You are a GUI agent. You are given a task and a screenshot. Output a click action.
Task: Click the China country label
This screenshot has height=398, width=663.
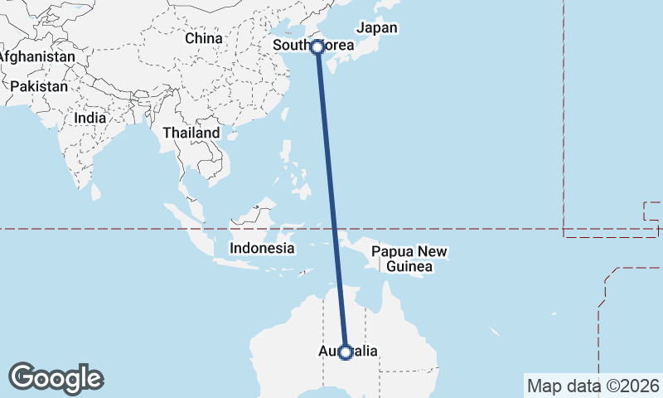click(204, 38)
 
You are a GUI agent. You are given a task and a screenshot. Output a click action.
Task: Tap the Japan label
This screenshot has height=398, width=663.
click(377, 27)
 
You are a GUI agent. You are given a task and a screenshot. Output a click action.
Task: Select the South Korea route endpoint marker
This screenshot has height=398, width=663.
click(317, 46)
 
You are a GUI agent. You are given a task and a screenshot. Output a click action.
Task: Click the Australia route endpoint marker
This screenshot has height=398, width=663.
click(346, 352)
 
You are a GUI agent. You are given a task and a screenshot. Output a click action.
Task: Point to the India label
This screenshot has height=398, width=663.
click(90, 118)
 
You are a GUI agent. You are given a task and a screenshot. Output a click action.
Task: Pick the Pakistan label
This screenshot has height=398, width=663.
click(39, 86)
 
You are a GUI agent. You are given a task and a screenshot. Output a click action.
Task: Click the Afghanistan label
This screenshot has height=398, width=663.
click(37, 56)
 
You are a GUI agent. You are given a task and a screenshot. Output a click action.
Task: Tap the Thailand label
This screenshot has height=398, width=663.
click(191, 133)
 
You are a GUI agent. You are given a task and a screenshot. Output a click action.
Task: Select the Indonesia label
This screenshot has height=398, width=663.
click(262, 248)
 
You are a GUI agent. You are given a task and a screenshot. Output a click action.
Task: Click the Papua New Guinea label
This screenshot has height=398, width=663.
click(409, 259)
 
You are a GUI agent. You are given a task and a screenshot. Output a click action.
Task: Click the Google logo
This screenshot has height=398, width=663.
click(56, 377)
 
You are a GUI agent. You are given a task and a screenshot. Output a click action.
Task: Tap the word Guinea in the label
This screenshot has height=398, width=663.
click(409, 266)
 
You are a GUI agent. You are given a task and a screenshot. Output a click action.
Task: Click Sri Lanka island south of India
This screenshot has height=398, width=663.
click(95, 192)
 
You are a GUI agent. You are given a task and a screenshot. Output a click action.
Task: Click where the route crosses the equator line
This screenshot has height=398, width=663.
click(336, 229)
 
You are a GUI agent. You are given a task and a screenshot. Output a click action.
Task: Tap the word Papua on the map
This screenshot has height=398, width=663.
click(392, 251)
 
